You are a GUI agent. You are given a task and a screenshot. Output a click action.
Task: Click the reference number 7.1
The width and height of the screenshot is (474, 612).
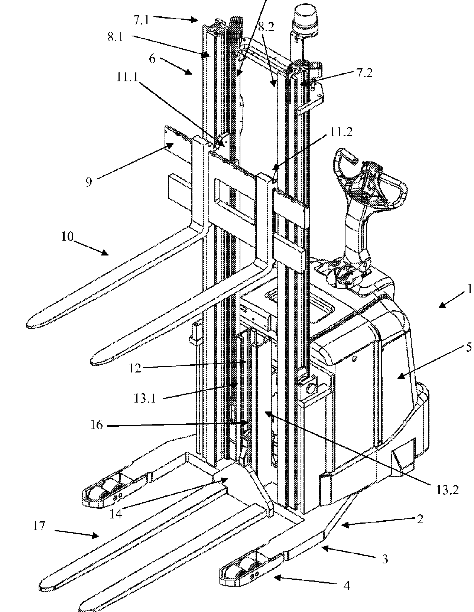(141, 20)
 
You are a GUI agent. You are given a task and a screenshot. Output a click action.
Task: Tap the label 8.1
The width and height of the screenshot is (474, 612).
(116, 38)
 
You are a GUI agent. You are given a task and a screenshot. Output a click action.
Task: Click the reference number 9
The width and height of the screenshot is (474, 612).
(89, 182)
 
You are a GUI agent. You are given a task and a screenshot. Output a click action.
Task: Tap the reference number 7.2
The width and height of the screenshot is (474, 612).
(364, 73)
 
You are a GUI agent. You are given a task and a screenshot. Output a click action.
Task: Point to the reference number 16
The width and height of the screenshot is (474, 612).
(96, 424)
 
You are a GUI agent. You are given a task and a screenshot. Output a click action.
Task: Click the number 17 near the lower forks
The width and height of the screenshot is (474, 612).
(39, 526)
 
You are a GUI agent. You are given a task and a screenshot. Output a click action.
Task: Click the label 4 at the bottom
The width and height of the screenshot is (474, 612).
(346, 586)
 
